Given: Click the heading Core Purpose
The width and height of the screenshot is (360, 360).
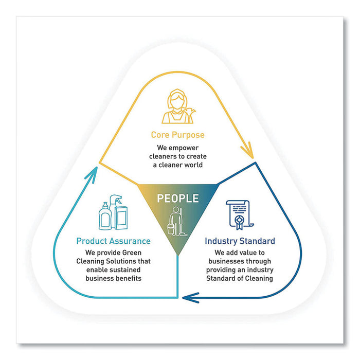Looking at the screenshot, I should (177, 135).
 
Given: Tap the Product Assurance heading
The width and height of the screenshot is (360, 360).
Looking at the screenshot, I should (113, 241).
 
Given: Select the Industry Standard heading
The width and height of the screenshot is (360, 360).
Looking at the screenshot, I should (240, 241).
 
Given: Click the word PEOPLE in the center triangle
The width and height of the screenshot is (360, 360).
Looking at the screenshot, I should (177, 199).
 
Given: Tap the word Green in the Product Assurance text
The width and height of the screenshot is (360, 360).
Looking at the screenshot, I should (132, 253).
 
